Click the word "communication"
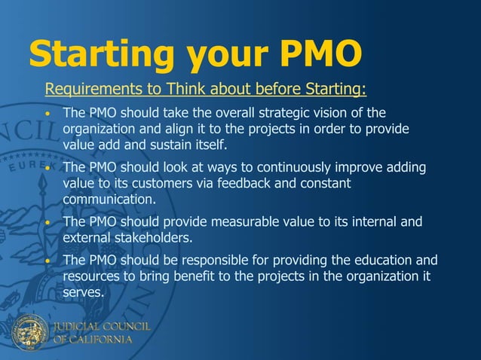tap(108, 200)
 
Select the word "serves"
tap(82, 293)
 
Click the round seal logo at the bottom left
tap(29, 332)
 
